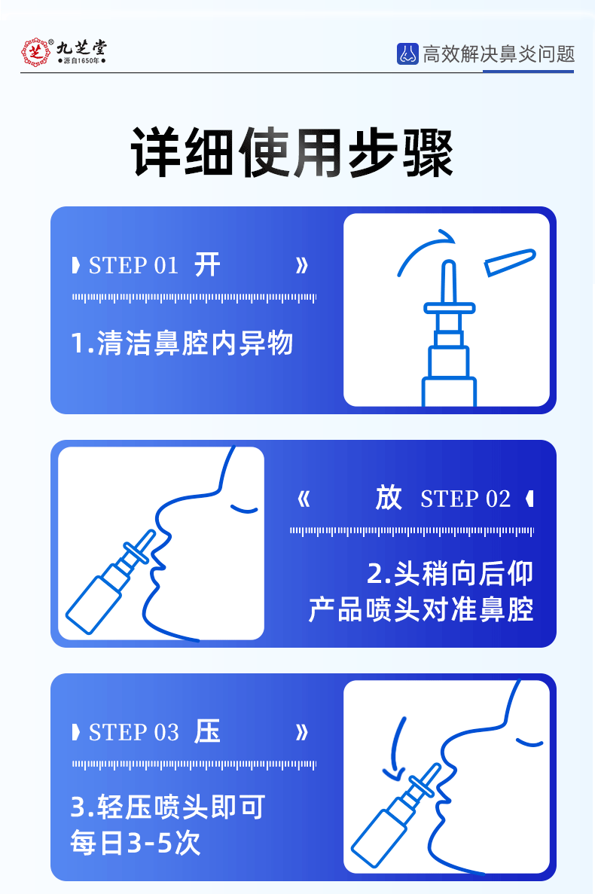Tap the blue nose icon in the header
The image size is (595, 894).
(x=407, y=53)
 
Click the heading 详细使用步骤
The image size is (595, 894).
(x=291, y=153)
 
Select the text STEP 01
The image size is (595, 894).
(x=133, y=266)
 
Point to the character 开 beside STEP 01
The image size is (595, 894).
(x=207, y=265)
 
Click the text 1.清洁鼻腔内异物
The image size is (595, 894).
(x=182, y=343)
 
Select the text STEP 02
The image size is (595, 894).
(x=465, y=499)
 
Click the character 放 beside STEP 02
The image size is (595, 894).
(x=389, y=498)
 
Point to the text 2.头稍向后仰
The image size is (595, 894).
(x=450, y=574)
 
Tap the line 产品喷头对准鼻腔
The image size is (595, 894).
(x=420, y=609)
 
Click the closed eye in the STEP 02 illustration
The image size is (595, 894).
(x=244, y=508)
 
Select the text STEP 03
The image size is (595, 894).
(x=133, y=733)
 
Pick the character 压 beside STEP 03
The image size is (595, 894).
(x=207, y=731)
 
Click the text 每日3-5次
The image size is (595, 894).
(x=136, y=843)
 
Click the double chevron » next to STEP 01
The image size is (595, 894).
(x=302, y=266)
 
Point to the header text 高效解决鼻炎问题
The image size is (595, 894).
(x=499, y=54)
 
